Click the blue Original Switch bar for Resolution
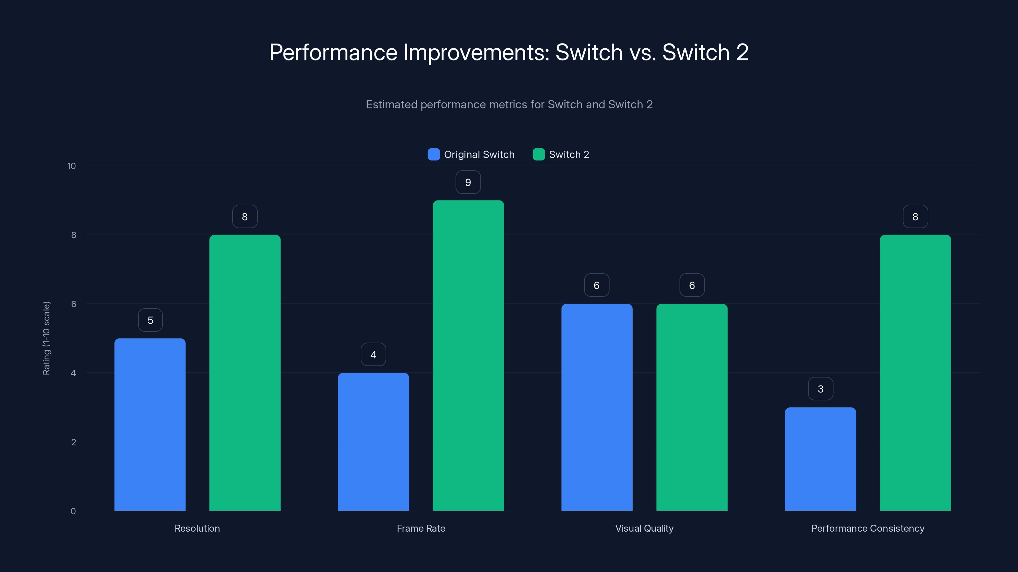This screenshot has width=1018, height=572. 150,424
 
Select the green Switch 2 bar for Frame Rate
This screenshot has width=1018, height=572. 468,355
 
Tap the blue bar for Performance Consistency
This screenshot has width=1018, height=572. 820,459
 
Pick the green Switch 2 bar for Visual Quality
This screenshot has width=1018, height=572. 692,407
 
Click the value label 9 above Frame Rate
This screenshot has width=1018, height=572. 468,182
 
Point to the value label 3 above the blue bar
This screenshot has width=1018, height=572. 820,389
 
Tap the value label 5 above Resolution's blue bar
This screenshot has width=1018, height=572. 150,320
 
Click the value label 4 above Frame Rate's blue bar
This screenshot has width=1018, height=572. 373,355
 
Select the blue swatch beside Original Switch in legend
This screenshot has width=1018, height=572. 434,154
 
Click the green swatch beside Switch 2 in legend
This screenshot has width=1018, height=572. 539,154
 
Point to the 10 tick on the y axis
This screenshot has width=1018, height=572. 72,166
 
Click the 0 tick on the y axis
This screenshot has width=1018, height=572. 73,511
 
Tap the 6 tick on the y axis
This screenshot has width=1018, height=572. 73,304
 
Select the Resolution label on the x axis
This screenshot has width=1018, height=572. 197,528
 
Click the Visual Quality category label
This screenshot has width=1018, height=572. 644,528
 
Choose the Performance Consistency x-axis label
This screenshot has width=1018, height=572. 868,528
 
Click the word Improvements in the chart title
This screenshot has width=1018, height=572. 476,52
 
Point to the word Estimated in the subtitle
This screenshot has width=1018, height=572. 391,104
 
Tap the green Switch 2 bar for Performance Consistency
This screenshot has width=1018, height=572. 915,373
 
